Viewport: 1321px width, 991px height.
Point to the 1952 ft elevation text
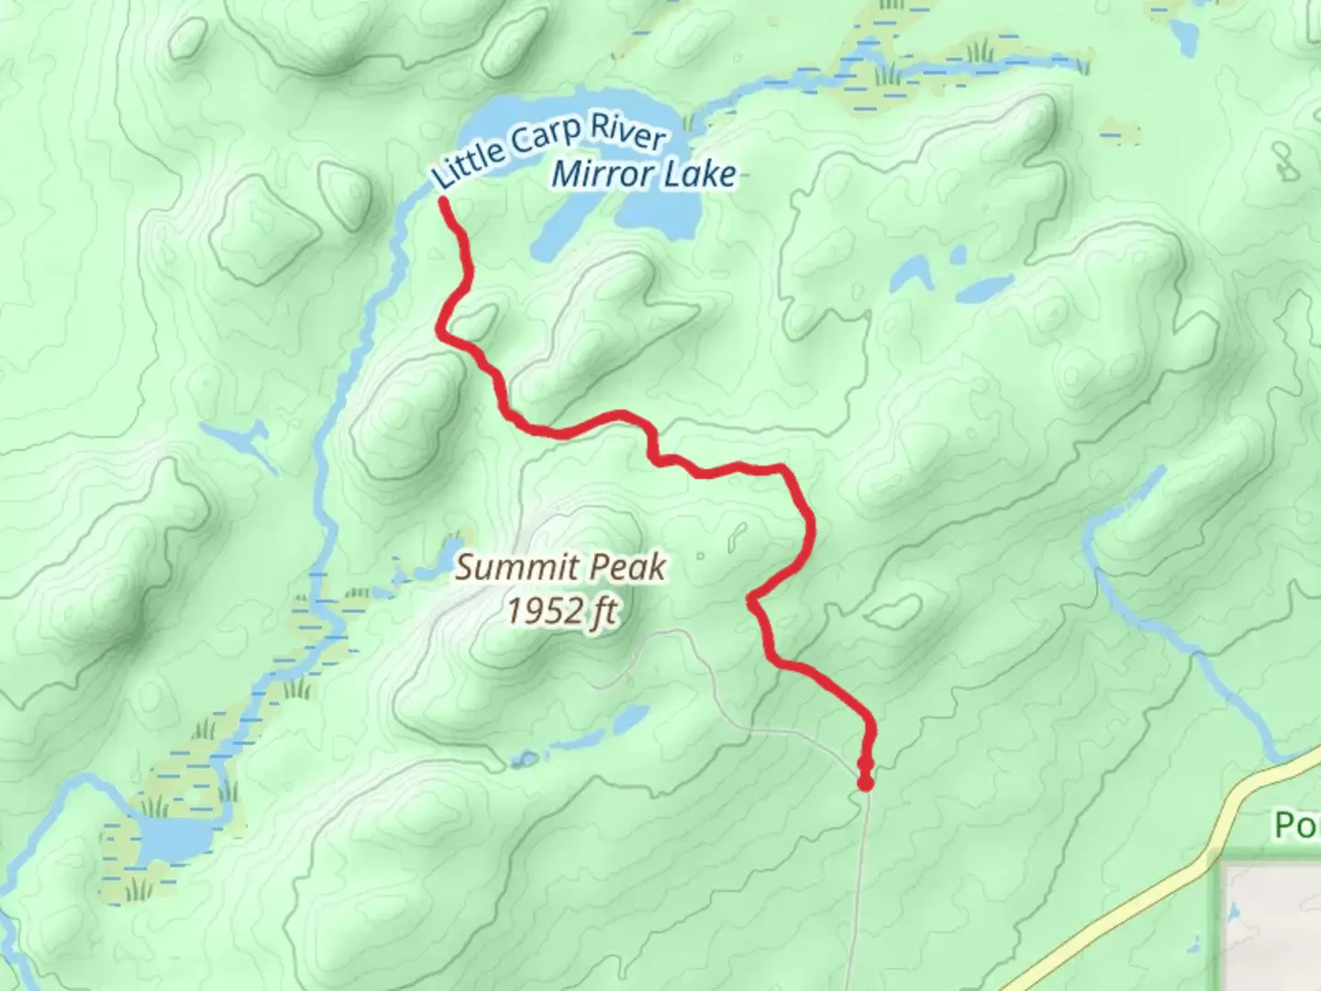(562, 610)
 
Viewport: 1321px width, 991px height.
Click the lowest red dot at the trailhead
(864, 783)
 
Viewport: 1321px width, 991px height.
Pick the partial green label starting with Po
(1295, 825)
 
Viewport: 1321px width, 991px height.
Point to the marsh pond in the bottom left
(170, 838)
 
